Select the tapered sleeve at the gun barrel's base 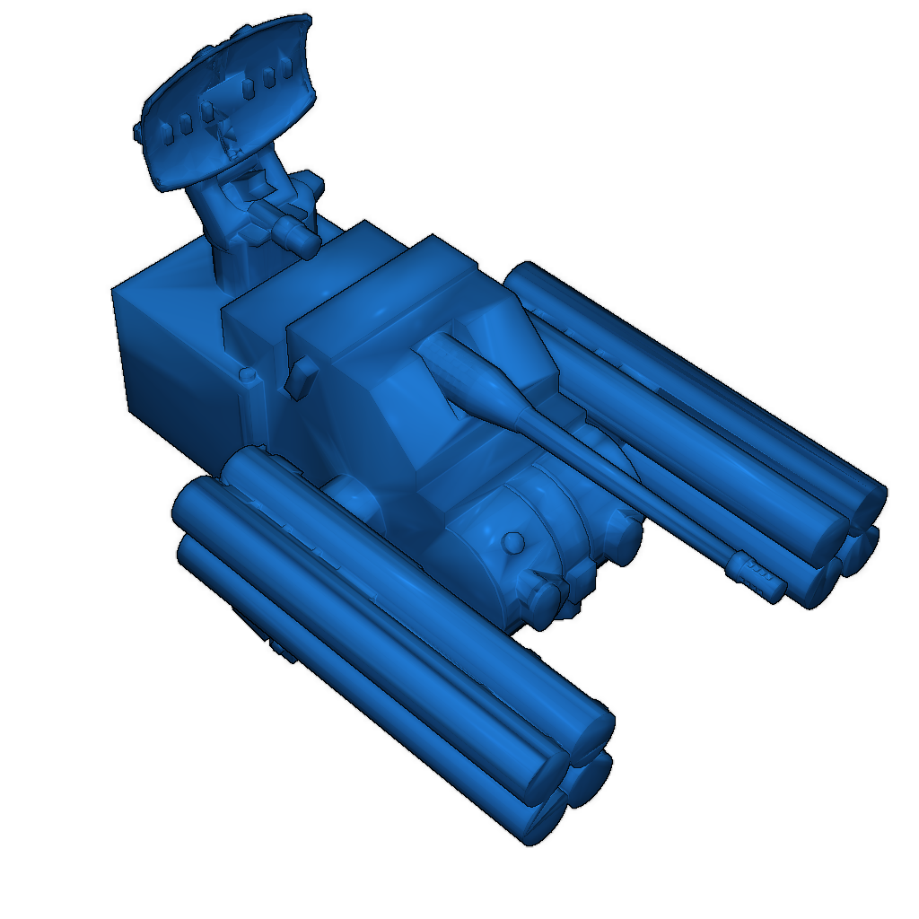coord(476,382)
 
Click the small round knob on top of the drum coord(512,542)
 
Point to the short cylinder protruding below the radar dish coord(296,233)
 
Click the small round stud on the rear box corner coord(249,374)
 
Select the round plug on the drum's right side coord(623,538)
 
